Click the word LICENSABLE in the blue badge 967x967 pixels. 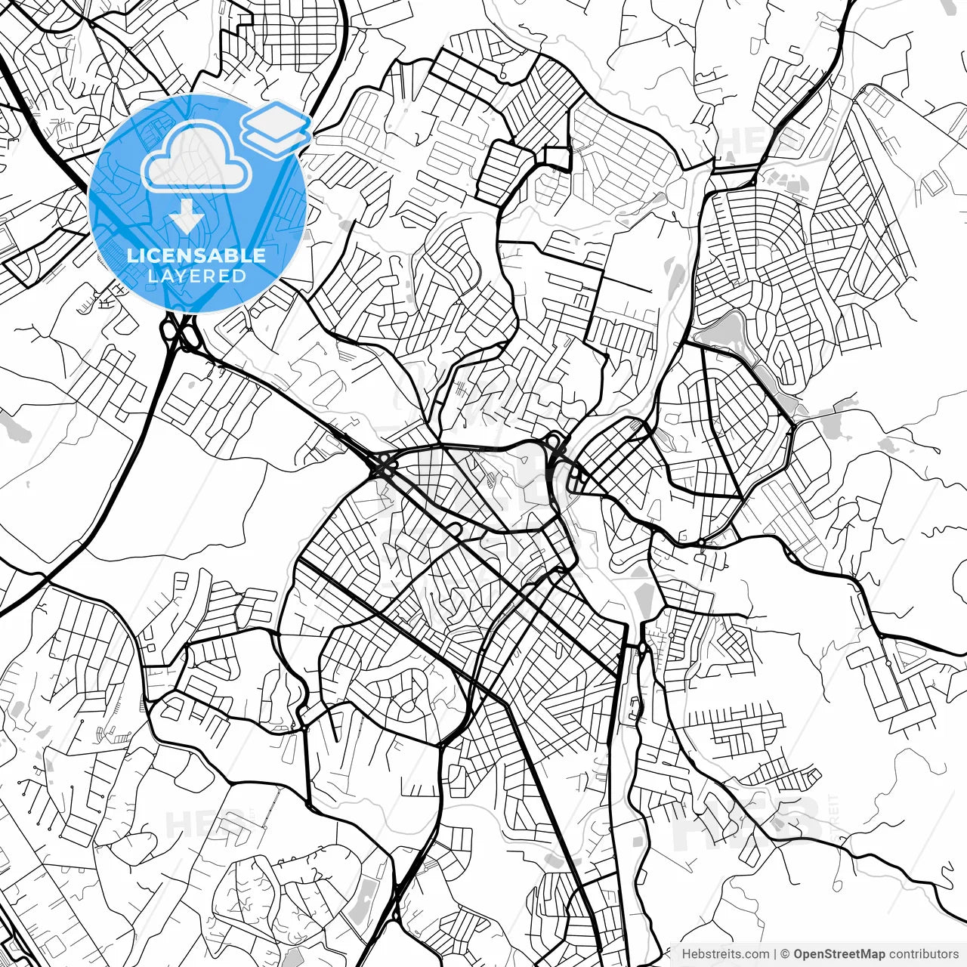(196, 255)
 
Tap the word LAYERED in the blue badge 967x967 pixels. (196, 276)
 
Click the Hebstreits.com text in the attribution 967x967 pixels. (725, 954)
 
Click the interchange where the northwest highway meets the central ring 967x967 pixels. (383, 466)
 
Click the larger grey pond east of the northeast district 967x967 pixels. (836, 426)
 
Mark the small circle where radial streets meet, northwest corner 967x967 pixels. (114, 78)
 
